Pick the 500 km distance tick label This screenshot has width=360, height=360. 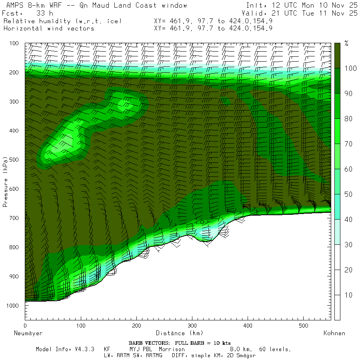pos(303,326)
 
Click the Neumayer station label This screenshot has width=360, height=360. pos(28,333)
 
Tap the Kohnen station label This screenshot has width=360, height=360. pos(334,333)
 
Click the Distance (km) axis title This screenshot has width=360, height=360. pos(179,333)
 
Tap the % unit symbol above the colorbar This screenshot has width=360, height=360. pos(346,44)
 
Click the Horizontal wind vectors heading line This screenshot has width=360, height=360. pos(48,28)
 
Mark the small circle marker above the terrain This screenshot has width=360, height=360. pos(202,222)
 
